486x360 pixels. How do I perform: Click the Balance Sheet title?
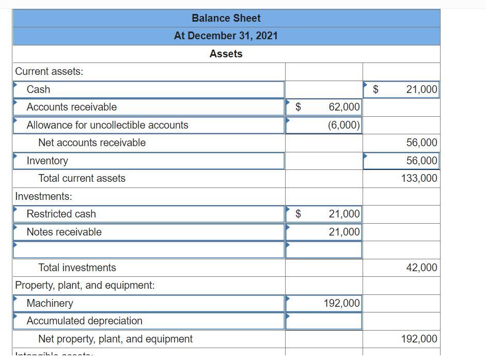226,18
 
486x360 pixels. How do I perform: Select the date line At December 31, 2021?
226,36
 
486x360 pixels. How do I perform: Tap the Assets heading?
226,54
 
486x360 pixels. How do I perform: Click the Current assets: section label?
49,71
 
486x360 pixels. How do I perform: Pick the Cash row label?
38,89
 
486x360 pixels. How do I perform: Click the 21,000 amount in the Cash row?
421,89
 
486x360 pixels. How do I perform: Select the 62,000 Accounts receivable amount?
344,107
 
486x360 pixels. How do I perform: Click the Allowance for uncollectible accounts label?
107,125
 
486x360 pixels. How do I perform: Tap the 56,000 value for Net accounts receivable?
421,143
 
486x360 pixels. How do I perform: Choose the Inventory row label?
47,161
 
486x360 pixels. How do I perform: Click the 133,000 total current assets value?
419,178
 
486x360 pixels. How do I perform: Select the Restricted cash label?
61,214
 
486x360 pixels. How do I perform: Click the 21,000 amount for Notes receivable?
344,232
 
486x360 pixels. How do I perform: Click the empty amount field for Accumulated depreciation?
324,321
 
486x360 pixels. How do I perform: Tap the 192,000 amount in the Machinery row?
341,303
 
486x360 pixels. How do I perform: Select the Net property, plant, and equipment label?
115,339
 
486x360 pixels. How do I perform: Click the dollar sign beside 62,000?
298,107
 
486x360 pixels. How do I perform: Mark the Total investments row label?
77,268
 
